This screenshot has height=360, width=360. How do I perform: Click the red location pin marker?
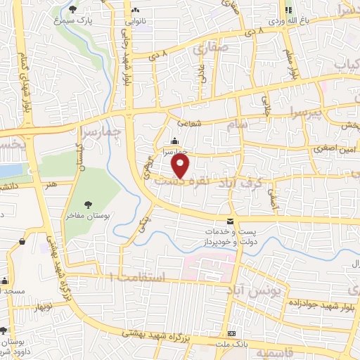(181, 166)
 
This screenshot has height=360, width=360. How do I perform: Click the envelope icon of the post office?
(229, 221)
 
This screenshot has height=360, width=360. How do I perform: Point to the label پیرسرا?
(286, 112)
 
